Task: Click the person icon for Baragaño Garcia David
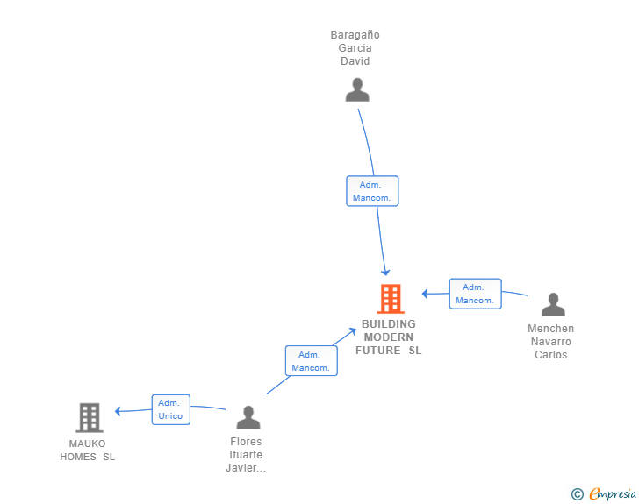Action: (357, 90)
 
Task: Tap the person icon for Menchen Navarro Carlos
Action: (553, 305)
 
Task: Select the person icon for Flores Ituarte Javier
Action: (248, 418)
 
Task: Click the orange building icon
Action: (391, 299)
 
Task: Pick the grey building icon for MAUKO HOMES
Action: (90, 418)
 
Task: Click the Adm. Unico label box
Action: (170, 409)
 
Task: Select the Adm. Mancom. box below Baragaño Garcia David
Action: (372, 191)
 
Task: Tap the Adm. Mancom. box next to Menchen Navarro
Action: (475, 294)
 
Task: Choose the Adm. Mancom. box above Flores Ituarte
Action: (311, 361)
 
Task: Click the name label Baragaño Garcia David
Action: (355, 48)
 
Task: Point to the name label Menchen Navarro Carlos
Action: (550, 342)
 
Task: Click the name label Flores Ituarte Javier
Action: (246, 455)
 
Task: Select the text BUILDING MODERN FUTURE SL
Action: (389, 337)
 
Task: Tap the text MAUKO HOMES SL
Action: (87, 450)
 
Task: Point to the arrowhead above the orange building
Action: (385, 273)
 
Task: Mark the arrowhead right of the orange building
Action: (425, 294)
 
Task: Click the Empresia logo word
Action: (614, 494)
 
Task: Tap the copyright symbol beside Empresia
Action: (577, 494)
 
